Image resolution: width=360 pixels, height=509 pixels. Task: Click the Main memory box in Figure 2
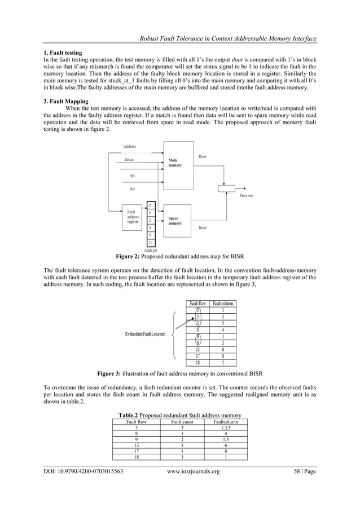click(178, 164)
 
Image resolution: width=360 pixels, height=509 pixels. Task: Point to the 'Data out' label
click(246, 196)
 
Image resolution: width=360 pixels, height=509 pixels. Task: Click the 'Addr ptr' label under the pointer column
click(151, 249)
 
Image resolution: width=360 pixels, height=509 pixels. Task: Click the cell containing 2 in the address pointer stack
click(151, 220)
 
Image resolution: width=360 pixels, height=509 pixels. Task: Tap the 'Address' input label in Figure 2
click(130, 147)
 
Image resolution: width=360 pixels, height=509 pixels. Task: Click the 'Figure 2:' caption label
click(131, 256)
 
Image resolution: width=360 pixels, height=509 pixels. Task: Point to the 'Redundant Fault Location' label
click(146, 334)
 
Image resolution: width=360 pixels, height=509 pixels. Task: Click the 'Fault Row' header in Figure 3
click(198, 303)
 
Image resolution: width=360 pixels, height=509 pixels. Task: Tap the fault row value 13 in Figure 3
click(198, 349)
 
